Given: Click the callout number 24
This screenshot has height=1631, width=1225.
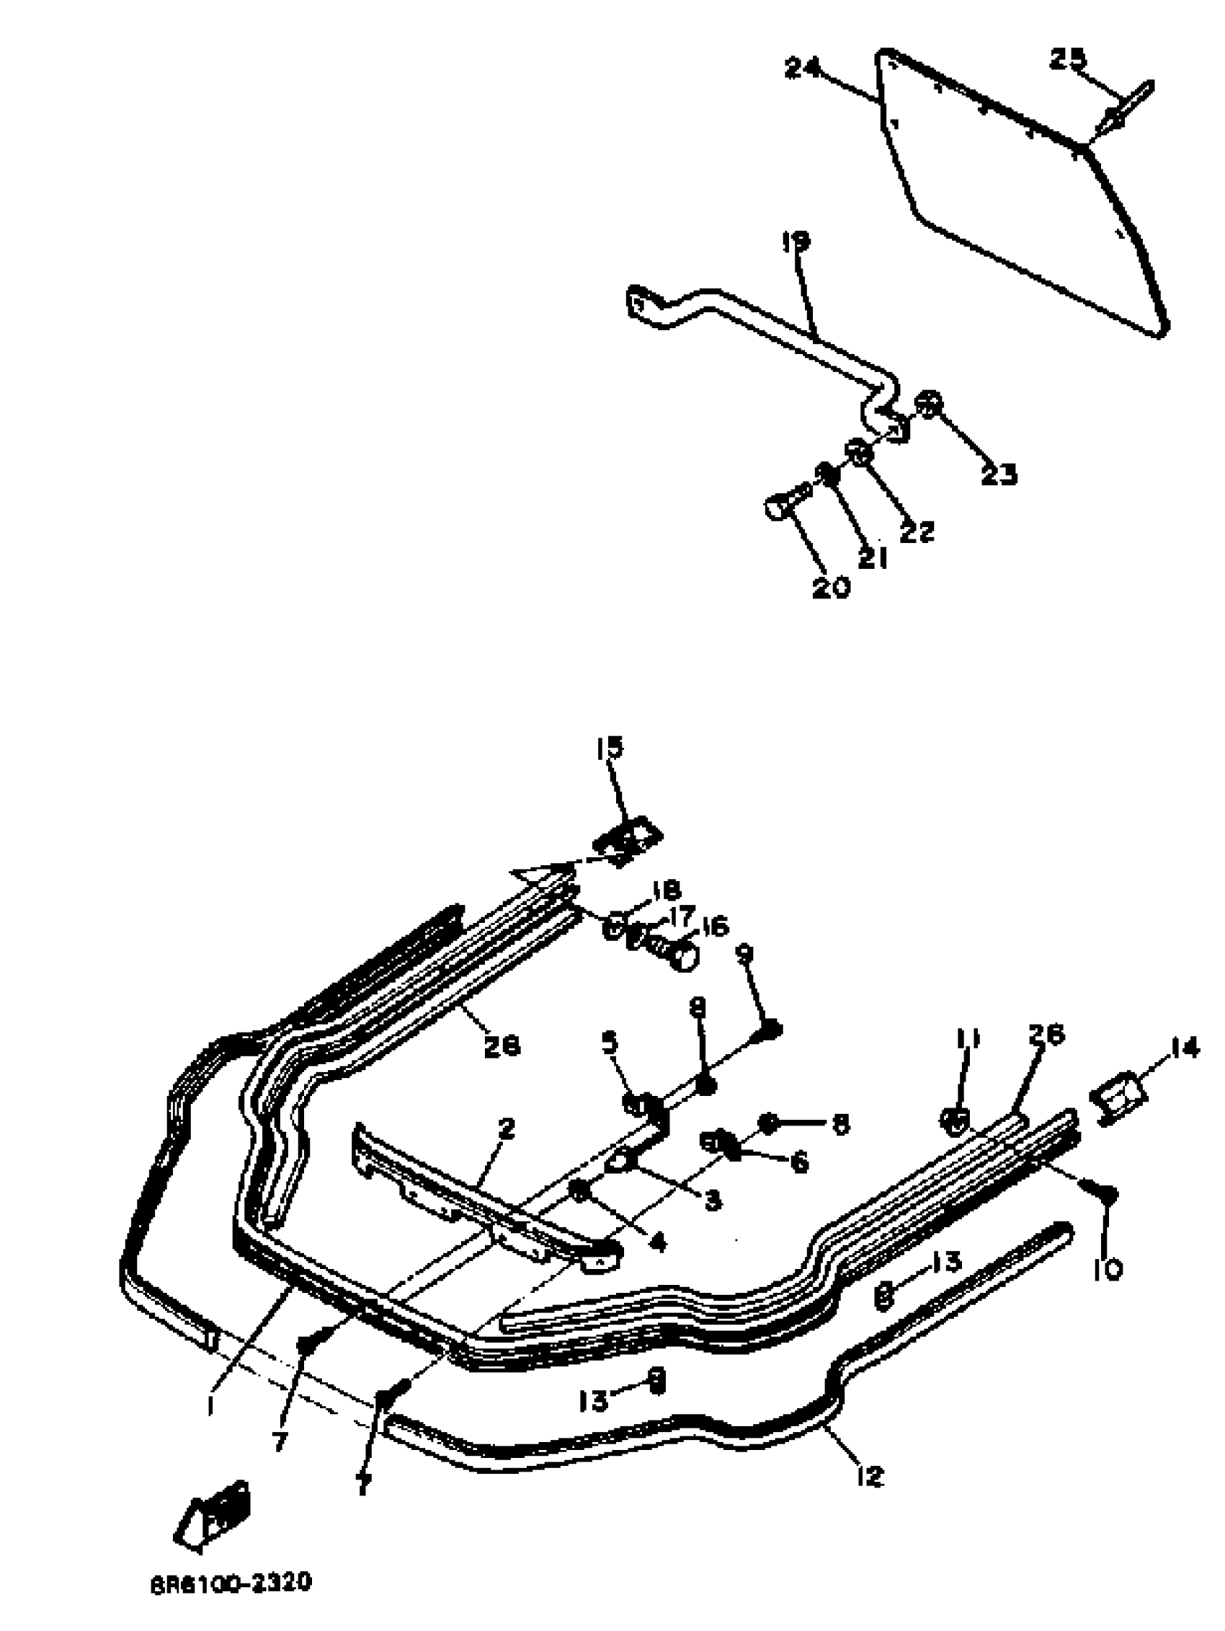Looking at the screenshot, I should [802, 69].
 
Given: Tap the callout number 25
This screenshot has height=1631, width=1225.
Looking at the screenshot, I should [1066, 58].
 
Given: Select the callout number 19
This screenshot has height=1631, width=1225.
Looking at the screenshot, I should [796, 242].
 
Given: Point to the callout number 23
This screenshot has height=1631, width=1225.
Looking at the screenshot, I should [998, 475].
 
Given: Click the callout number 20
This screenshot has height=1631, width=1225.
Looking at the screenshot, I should [831, 588].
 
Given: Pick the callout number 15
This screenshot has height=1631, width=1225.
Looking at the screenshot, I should [610, 747].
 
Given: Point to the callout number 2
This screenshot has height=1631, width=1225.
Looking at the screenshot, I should [505, 1128].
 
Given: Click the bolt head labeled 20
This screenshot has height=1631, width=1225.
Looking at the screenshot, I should [775, 508].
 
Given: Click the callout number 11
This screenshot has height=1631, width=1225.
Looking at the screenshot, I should [967, 1040].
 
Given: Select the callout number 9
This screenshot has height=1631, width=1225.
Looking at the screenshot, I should [744, 953].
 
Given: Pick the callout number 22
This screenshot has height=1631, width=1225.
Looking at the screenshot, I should [917, 531].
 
